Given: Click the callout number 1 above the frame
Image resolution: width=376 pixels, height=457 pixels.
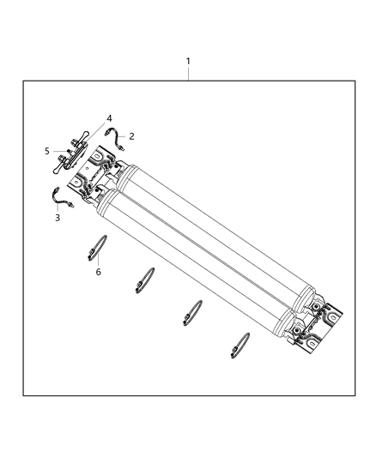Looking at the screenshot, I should click(188, 63).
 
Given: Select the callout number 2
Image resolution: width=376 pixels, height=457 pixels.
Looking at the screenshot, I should click(131, 135).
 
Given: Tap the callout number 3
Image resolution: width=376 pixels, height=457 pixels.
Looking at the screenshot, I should click(57, 219).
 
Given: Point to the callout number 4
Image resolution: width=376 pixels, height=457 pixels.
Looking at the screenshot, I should click(109, 117).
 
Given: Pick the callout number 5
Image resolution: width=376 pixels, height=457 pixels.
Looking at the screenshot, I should click(48, 151).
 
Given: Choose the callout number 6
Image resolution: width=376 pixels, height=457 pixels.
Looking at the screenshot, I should click(98, 272).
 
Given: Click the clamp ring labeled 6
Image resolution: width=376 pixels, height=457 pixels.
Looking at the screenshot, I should click(96, 247).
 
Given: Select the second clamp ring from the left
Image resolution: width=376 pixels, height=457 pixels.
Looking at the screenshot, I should click(145, 279).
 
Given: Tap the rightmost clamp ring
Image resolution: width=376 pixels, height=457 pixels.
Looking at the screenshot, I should click(240, 343).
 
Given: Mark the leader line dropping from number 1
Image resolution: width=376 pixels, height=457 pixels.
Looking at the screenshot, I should click(188, 75).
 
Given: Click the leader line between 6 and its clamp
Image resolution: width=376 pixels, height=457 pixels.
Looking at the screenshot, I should click(98, 261).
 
